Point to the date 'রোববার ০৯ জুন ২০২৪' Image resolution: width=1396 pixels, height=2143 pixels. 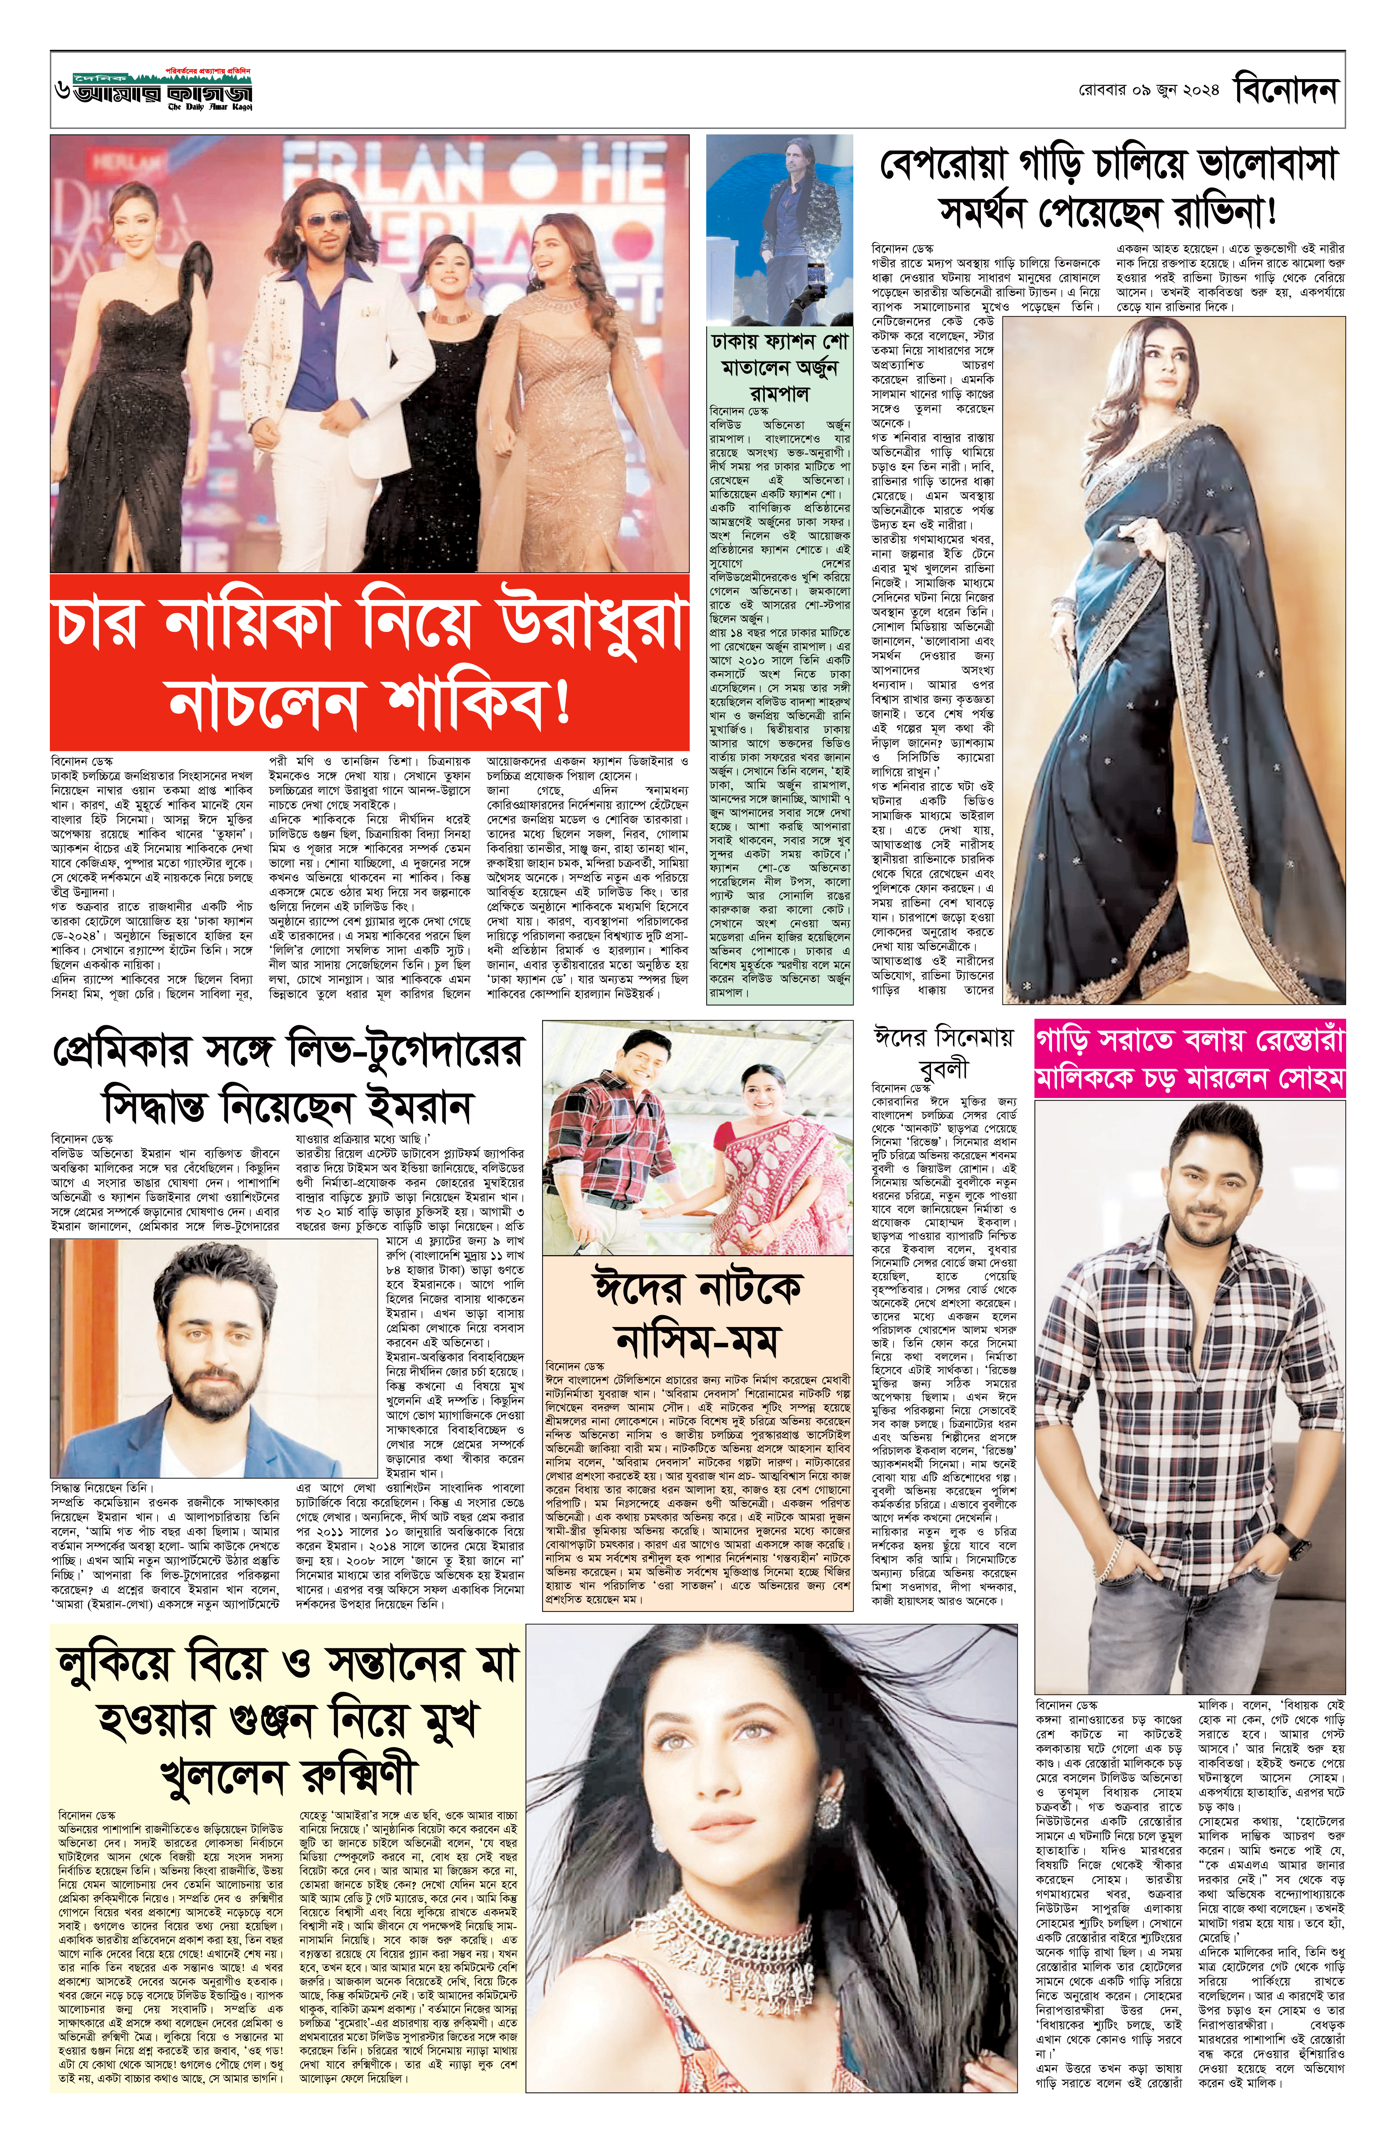(1148, 92)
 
